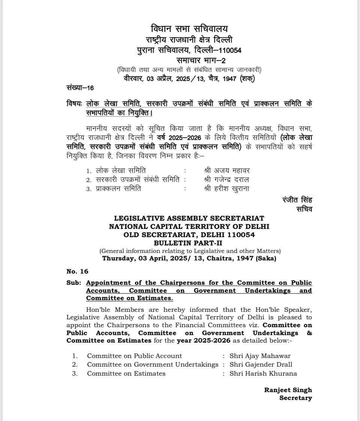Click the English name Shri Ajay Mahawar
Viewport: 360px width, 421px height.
(260, 356)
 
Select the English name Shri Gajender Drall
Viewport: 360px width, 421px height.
(261, 364)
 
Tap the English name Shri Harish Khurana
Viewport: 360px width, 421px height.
(263, 373)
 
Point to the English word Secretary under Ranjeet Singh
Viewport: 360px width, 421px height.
(295, 398)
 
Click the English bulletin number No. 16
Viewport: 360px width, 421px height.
(77, 271)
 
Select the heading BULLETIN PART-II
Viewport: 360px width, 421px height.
(189, 243)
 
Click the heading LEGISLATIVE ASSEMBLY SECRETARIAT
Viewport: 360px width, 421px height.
(189, 218)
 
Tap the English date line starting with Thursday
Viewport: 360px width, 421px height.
(189, 259)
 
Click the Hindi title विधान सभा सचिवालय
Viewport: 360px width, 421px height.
(189, 29)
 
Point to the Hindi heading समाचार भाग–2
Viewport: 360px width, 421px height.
(201, 60)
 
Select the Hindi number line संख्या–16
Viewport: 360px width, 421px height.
(80, 88)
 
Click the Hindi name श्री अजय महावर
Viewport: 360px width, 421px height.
(227, 170)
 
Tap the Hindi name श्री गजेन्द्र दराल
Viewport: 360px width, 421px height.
(226, 180)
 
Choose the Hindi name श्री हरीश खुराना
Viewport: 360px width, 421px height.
(226, 189)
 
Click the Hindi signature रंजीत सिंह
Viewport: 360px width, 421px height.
(297, 200)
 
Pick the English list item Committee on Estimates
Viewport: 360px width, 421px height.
(126, 373)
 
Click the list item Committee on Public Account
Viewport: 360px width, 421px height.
(134, 356)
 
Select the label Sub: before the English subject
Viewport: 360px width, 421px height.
(73, 283)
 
